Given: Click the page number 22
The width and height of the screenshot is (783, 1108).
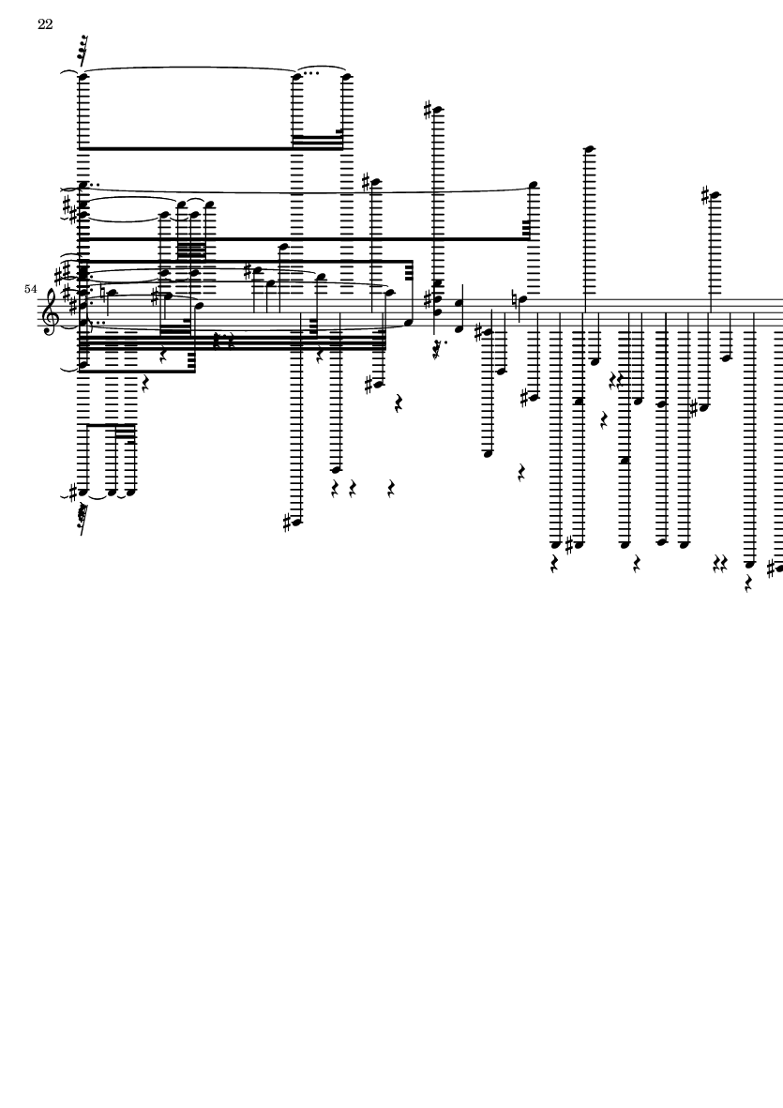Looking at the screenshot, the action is click(44, 24).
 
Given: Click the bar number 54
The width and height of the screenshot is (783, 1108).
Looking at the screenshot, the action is click(30, 289).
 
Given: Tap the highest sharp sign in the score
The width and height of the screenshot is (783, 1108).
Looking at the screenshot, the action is click(428, 110).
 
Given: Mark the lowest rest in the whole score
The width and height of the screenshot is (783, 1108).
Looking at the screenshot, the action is click(748, 584).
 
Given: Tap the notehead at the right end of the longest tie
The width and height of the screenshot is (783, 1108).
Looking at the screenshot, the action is click(534, 185).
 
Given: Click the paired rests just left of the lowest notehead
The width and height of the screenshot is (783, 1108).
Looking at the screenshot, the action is click(719, 564).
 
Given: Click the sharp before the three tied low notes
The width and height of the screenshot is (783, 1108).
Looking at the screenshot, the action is click(72, 491).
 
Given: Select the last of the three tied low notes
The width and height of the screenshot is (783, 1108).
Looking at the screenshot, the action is click(131, 492).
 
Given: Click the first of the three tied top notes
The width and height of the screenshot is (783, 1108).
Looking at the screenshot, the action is click(83, 76).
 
